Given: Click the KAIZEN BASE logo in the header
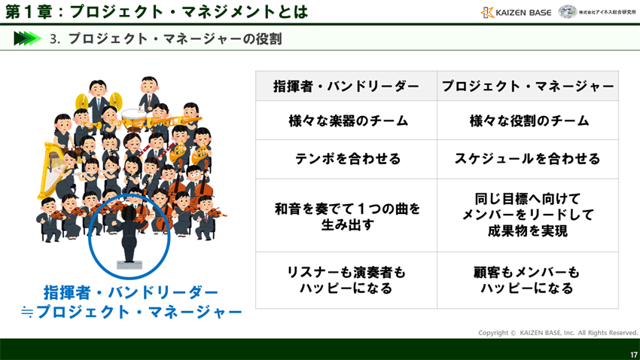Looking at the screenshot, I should [516, 12].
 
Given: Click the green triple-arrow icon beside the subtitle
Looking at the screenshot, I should [27, 38].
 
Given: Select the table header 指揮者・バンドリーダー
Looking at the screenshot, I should [346, 87].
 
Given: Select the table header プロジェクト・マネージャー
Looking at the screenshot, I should [528, 87].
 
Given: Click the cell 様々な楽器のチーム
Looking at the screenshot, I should [346, 121].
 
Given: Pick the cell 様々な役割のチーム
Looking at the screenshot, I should [528, 121].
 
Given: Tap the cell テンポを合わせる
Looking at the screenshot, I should [346, 159].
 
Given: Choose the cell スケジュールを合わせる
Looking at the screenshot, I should [528, 159].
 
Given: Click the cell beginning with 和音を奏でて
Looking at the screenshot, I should [346, 215].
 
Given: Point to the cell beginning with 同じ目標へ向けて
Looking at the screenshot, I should [528, 215].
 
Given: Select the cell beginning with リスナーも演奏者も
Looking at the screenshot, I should [346, 280].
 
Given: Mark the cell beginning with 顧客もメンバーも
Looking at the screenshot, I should [528, 280].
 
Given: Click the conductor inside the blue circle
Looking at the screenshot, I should [129, 233].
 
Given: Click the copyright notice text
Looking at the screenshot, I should [558, 332].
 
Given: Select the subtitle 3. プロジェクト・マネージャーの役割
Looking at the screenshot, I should [166, 38].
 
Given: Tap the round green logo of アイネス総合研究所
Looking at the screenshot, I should [568, 12].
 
